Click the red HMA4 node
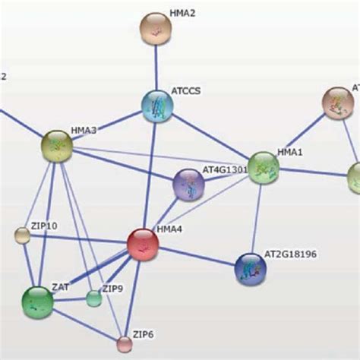[142, 245]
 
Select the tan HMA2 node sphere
[156, 29]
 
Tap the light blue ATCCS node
[158, 106]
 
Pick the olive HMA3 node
[57, 144]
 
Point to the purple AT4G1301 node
[188, 185]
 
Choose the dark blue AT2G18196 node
[251, 268]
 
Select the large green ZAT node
[37, 302]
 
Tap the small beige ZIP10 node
[23, 235]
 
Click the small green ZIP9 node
[93, 298]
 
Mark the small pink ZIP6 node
[125, 344]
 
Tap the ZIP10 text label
[44, 225]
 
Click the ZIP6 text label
[143, 333]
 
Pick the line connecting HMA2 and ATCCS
[156, 67]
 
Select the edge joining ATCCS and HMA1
[211, 137]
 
